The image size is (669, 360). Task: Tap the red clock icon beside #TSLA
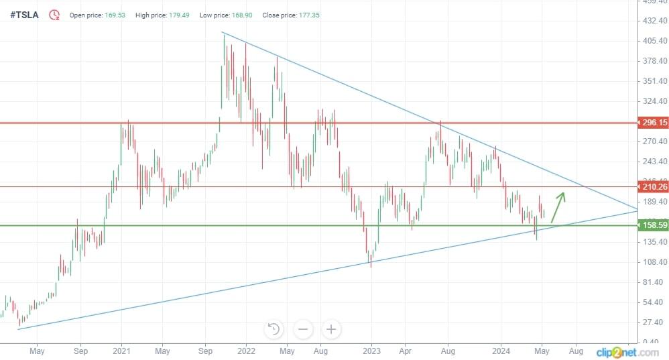(54, 14)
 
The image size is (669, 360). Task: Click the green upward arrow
(558, 206)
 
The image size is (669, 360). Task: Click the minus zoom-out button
(303, 329)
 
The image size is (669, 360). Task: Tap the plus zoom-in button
(331, 329)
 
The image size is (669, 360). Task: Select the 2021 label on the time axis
(121, 351)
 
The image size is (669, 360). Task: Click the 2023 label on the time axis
(371, 351)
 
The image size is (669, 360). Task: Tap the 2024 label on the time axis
(501, 351)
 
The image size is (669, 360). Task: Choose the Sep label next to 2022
(206, 351)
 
